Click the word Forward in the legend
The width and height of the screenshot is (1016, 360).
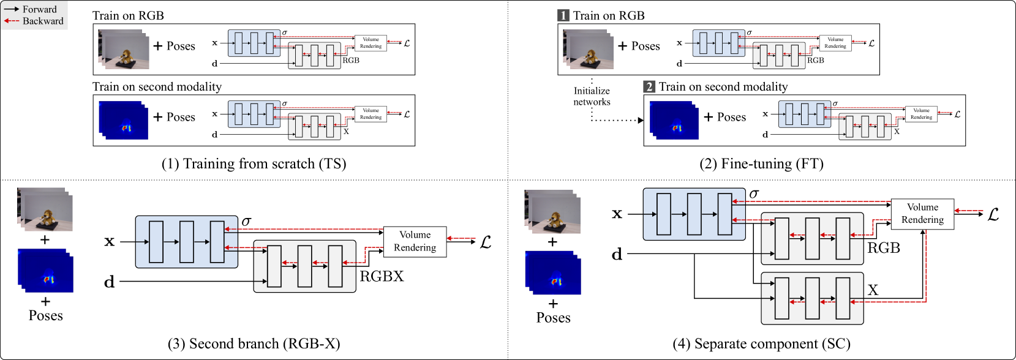point(40,9)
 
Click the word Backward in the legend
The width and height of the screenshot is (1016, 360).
point(43,21)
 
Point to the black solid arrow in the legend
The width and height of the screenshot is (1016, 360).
point(12,9)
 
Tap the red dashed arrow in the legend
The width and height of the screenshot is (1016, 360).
point(12,21)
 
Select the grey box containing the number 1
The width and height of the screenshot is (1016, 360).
point(563,15)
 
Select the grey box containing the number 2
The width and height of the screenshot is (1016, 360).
point(649,86)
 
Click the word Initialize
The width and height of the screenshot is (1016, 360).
point(592,91)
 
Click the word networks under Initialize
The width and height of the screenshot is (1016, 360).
point(592,102)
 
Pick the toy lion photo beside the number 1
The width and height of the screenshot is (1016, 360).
point(589,49)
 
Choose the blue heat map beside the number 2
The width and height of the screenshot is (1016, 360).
point(674,120)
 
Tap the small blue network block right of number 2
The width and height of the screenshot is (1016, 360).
point(805,114)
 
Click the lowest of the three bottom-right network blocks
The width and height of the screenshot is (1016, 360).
point(812,298)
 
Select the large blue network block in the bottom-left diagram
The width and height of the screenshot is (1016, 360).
point(186,242)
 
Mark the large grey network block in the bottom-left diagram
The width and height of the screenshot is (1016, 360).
point(304,266)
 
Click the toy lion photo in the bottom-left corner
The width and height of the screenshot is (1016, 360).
point(45,209)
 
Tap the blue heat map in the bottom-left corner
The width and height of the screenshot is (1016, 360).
point(45,270)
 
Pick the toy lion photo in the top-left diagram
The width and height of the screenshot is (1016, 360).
point(124,49)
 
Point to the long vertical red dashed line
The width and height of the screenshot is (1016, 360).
point(925,266)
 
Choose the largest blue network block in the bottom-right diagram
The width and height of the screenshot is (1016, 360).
point(694,214)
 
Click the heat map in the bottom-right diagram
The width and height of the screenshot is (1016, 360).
point(553,272)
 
